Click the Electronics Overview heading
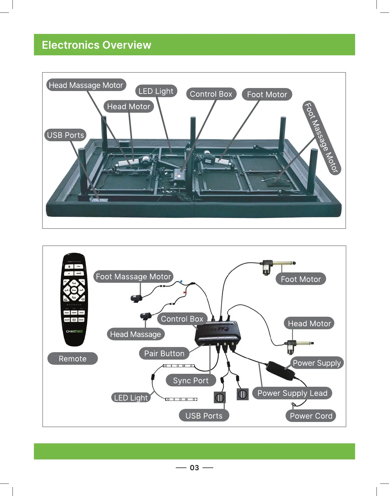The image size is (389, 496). pyautogui.click(x=96, y=45)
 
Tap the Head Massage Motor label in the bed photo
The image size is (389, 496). pyautogui.click(x=86, y=85)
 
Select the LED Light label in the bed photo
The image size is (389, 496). pyautogui.click(x=156, y=91)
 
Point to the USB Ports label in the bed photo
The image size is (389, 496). pyautogui.click(x=65, y=135)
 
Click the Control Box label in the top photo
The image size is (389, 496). pyautogui.click(x=211, y=94)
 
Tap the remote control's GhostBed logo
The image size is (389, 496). pyautogui.click(x=74, y=331)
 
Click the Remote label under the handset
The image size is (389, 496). pyautogui.click(x=73, y=359)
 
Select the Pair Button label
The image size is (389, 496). pyautogui.click(x=164, y=353)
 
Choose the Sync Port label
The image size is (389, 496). pyautogui.click(x=191, y=380)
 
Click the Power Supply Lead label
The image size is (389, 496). pyautogui.click(x=292, y=393)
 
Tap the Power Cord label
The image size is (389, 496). pyautogui.click(x=311, y=416)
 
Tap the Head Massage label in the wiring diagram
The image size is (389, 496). pyautogui.click(x=135, y=334)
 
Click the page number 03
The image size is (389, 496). pyautogui.click(x=194, y=468)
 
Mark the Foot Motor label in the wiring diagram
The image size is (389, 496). pyautogui.click(x=301, y=279)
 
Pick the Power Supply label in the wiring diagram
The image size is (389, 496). pyautogui.click(x=317, y=363)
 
